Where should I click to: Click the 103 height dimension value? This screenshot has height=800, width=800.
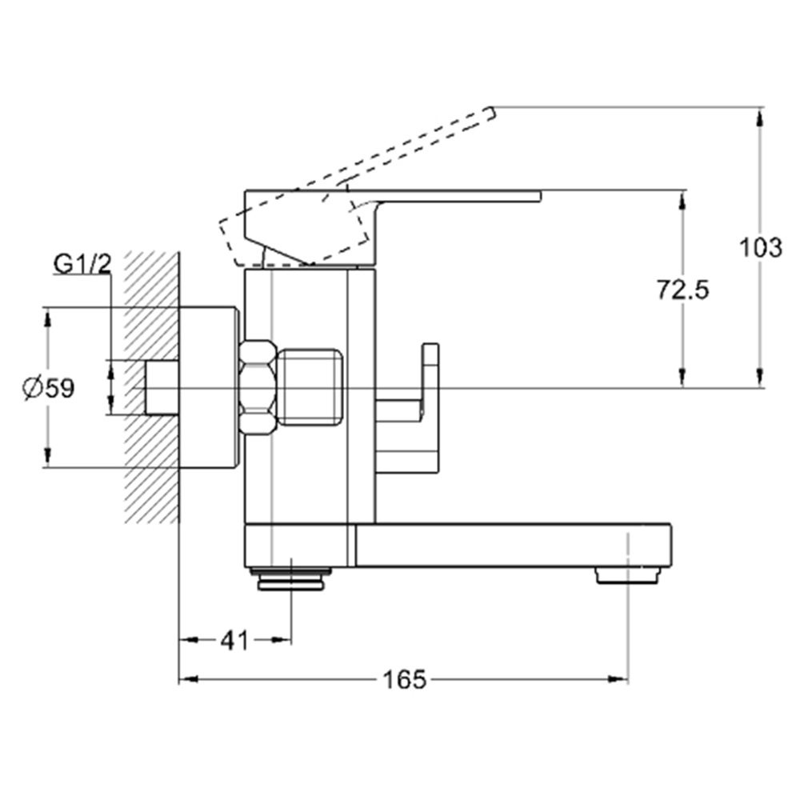(760, 248)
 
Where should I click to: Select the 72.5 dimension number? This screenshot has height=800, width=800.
(682, 290)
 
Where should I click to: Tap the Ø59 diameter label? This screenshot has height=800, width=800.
(49, 388)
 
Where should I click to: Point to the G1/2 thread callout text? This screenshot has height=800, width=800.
(82, 264)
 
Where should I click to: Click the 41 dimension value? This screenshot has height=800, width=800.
(234, 640)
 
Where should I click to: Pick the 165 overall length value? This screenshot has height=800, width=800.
(404, 679)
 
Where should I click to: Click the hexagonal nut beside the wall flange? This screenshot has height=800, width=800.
(258, 388)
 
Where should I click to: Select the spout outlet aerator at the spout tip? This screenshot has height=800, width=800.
(627, 575)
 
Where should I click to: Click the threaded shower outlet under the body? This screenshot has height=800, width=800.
(291, 579)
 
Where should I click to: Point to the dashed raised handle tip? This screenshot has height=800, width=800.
(491, 114)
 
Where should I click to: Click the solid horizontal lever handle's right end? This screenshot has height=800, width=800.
(540, 197)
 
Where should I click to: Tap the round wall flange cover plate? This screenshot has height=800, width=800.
(210, 387)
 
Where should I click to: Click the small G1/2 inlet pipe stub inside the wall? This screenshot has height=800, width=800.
(162, 388)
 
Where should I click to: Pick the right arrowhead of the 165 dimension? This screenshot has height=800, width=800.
(618, 678)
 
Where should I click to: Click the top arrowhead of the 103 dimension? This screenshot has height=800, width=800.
(760, 117)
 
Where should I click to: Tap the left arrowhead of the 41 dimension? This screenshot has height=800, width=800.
(189, 640)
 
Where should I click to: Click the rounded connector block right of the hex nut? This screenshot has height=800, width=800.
(312, 387)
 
